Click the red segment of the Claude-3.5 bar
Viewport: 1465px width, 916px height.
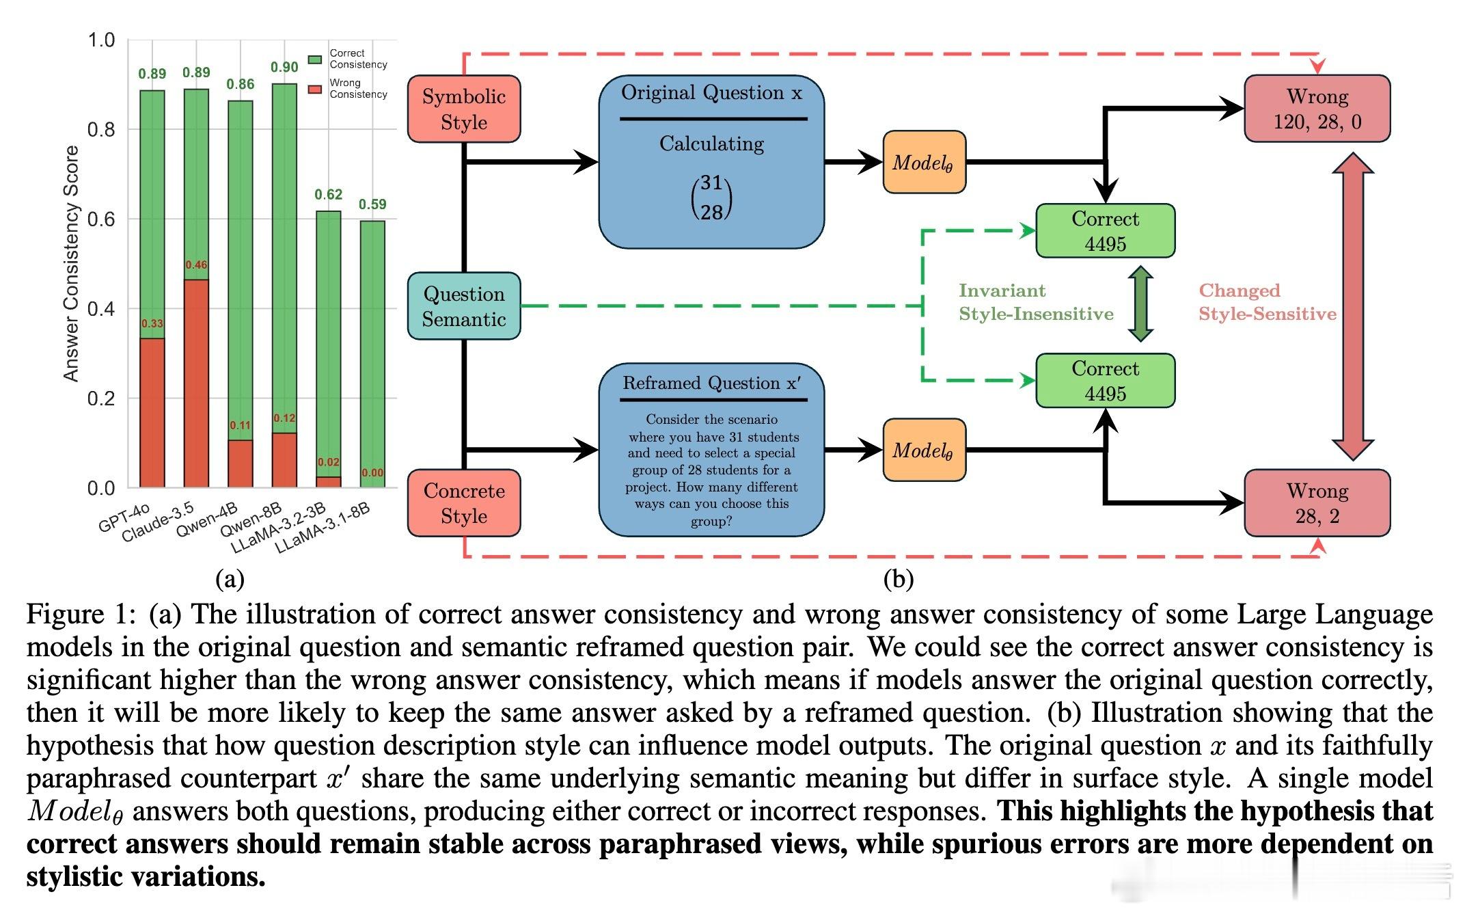click(196, 383)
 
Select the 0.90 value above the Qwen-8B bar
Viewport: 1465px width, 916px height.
click(284, 67)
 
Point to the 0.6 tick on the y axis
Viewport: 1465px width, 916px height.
click(101, 219)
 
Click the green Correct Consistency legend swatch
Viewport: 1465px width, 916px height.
click(315, 59)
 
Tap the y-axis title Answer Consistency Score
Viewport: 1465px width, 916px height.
click(71, 263)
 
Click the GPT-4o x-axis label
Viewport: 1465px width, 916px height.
click(124, 518)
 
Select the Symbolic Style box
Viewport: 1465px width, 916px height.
click(464, 109)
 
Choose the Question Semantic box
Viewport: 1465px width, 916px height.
click(464, 306)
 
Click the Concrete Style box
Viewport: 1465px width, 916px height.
click(464, 503)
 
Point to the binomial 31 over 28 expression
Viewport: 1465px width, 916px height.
click(711, 198)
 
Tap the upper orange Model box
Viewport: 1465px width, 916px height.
click(924, 163)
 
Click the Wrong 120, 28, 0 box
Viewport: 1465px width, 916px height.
click(1317, 109)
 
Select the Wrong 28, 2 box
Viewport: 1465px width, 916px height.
click(1317, 503)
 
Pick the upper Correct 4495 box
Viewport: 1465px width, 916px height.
click(1105, 231)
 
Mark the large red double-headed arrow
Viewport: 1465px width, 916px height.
click(1353, 306)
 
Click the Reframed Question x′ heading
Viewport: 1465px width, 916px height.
click(711, 383)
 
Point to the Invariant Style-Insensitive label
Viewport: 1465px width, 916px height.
click(1035, 302)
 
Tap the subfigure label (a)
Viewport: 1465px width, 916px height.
click(230, 579)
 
